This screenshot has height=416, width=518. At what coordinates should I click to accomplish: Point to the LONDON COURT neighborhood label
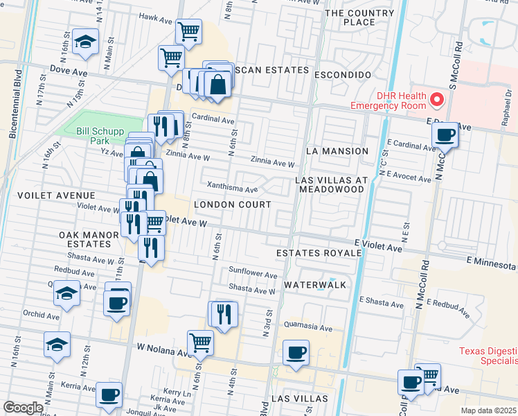pos(232,205)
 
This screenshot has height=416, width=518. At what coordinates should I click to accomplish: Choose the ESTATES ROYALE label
pos(319,254)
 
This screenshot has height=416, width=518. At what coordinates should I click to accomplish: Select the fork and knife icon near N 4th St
pos(223,314)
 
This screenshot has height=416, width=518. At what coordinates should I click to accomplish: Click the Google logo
pos(23,407)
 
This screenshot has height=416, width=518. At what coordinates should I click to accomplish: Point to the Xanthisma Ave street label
pos(233,187)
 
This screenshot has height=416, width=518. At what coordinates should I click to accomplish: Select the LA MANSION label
pos(337,151)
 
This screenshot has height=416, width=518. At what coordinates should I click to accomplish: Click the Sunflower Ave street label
pos(253,273)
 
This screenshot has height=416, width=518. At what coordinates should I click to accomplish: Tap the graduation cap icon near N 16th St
pos(86,42)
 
